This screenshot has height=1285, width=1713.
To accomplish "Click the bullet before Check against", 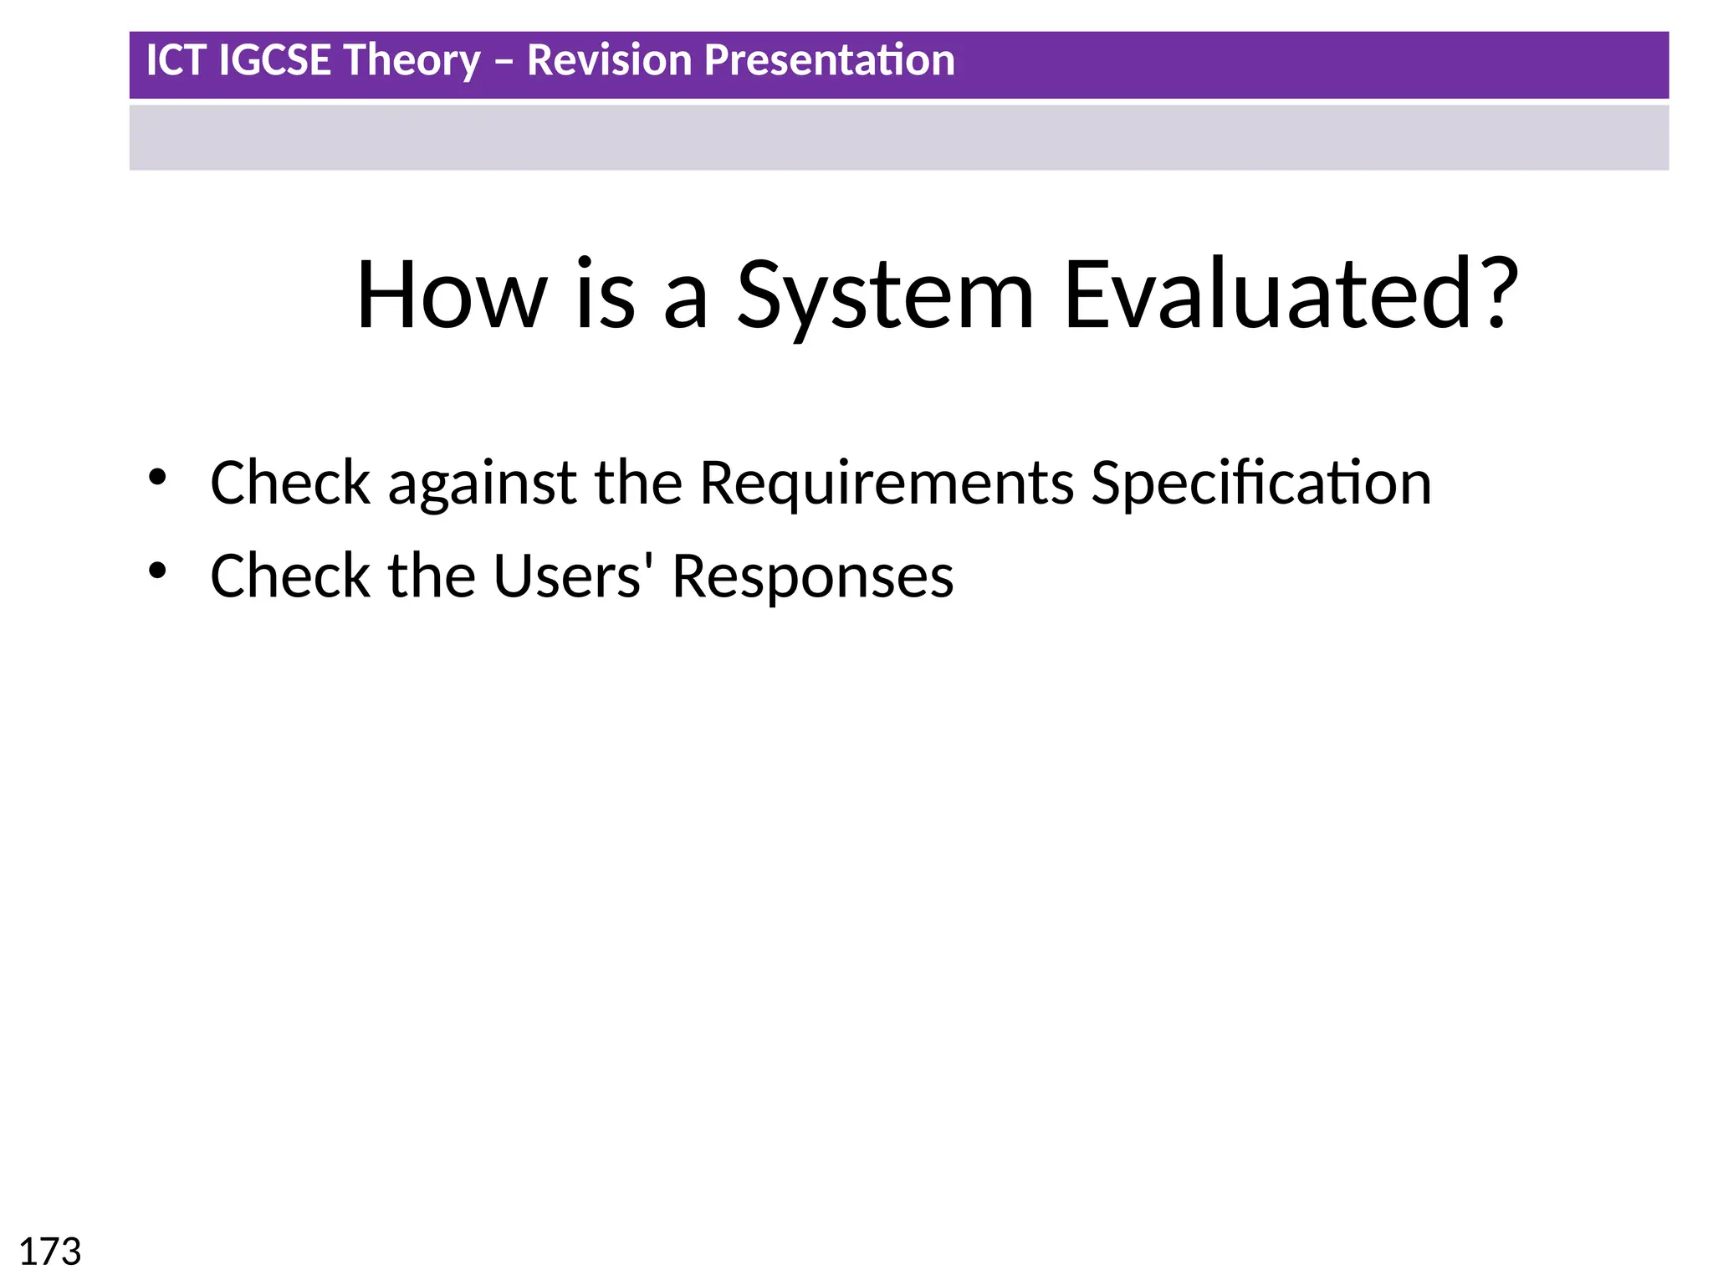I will pos(157,478).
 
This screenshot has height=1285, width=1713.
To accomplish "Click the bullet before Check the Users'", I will pos(157,571).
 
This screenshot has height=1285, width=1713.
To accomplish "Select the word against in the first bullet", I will pos(482,484).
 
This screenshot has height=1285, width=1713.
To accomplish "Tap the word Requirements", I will pos(886,484).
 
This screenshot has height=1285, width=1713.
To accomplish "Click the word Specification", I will pos(1261,484).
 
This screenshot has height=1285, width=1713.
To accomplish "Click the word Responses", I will pos(812,578).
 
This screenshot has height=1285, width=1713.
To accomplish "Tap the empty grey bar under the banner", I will pos(899,138).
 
